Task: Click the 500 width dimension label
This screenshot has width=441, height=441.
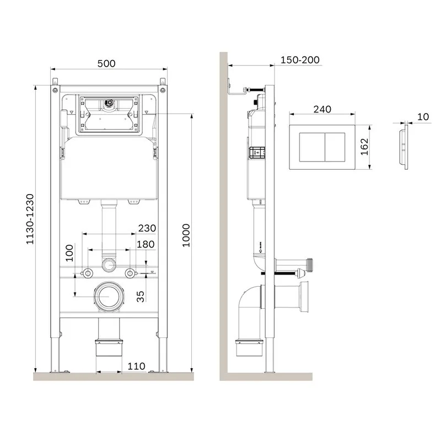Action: click(106, 63)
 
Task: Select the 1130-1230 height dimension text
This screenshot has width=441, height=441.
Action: click(30, 219)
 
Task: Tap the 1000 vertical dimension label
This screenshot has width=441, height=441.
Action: click(186, 235)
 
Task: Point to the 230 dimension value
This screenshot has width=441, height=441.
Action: click(147, 228)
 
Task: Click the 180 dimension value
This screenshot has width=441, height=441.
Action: click(146, 244)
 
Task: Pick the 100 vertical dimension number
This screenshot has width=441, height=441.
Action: click(69, 253)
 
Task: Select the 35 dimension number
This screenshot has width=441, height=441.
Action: click(140, 297)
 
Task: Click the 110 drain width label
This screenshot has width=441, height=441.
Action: click(136, 366)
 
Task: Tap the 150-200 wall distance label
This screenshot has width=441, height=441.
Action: click(300, 60)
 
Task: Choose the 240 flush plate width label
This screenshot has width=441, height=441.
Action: click(322, 109)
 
